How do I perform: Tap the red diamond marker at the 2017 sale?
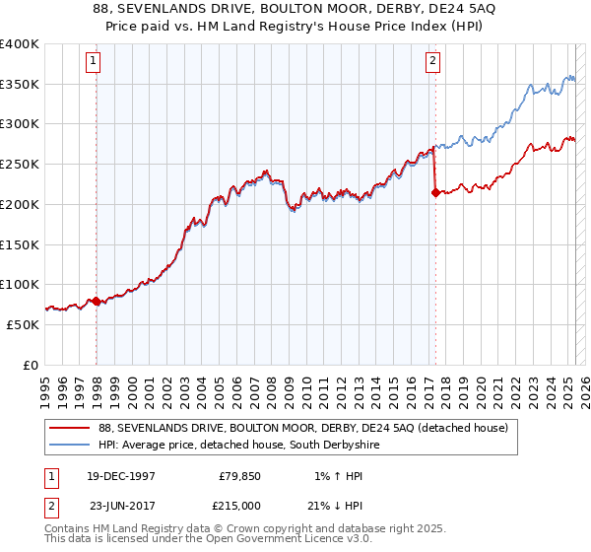434,193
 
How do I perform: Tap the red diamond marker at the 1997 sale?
96,301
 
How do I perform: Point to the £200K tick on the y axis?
20,204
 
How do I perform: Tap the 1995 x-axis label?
44,386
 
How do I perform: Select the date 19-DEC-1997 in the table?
121,475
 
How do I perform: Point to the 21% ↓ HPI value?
347,504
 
